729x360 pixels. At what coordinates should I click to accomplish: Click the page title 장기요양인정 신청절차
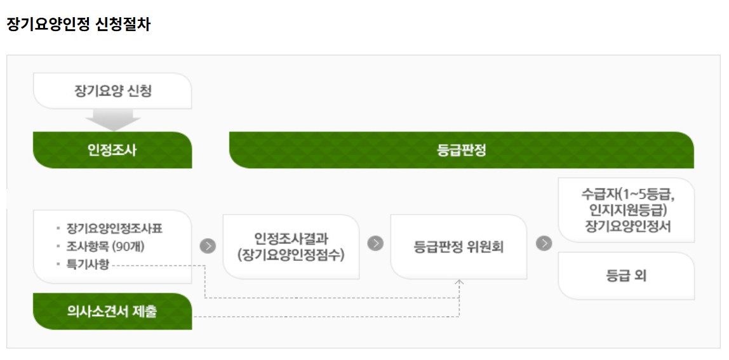(x=79, y=25)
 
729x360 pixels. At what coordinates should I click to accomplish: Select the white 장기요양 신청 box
(x=112, y=91)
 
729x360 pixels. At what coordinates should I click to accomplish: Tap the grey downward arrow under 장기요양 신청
(x=112, y=119)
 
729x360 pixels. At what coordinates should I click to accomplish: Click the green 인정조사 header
(x=112, y=150)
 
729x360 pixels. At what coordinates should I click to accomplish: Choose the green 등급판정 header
(x=461, y=150)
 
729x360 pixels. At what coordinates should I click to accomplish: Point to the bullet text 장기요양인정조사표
(x=119, y=229)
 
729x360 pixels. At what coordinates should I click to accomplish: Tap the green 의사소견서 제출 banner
(x=112, y=312)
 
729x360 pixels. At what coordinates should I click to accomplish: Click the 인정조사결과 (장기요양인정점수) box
(x=291, y=246)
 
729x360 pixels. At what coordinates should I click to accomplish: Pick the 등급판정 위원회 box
(x=458, y=246)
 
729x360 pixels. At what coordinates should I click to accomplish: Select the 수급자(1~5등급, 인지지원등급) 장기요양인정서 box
(x=626, y=210)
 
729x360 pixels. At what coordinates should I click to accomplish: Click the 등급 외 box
(x=626, y=276)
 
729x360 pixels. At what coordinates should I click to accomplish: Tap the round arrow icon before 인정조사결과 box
(x=208, y=246)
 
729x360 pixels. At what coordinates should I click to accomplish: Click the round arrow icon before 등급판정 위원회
(x=375, y=243)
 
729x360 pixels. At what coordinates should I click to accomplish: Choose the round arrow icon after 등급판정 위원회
(x=544, y=243)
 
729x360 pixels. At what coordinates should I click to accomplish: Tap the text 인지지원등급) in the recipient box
(x=626, y=210)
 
